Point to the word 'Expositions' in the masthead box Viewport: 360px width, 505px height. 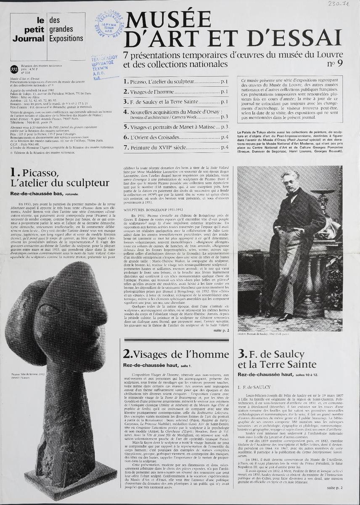[x=66, y=38]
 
